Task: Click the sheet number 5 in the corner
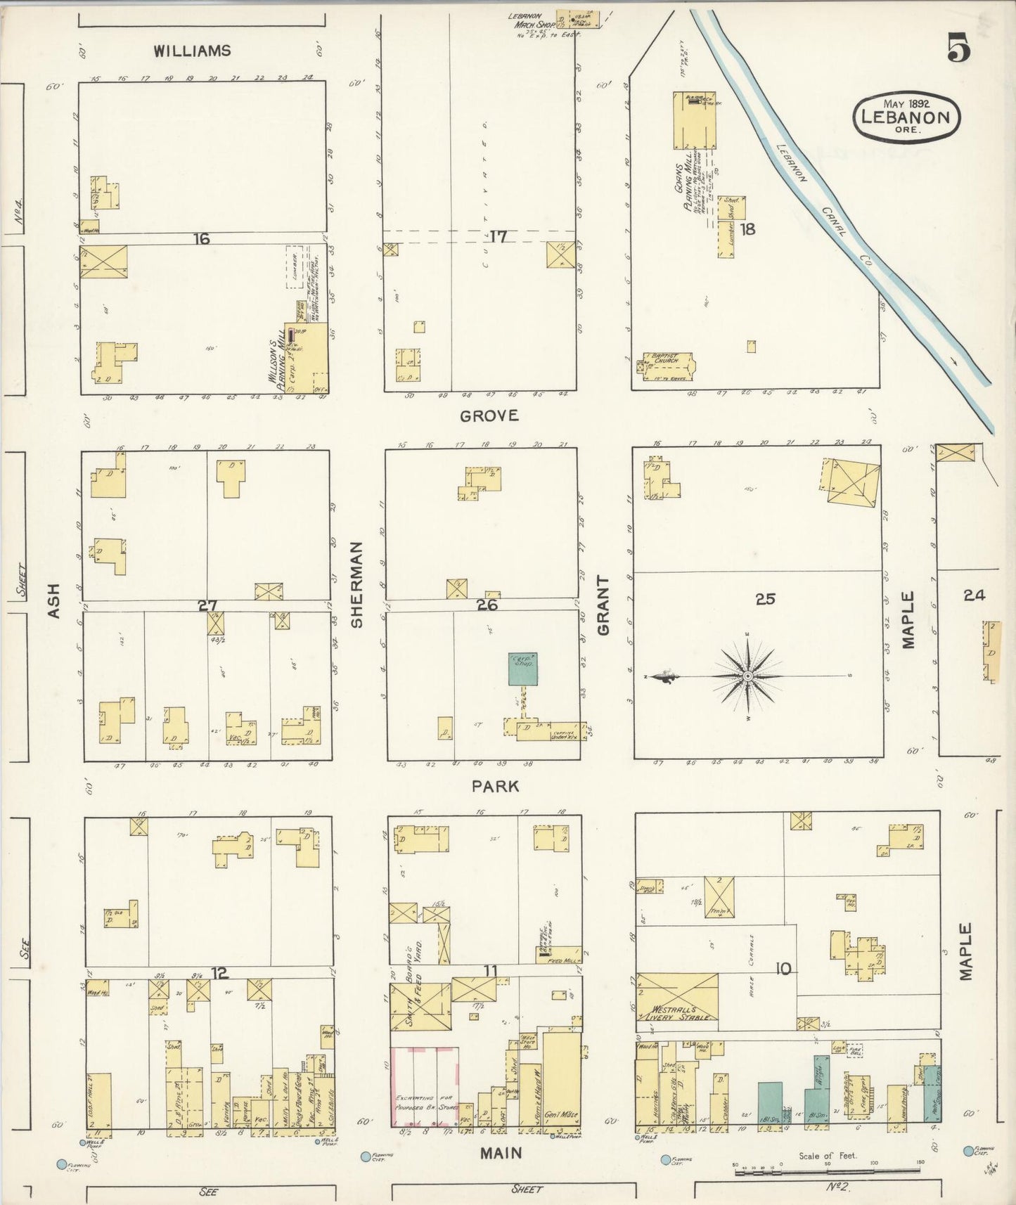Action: [958, 49]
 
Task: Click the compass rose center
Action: [748, 676]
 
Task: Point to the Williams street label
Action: [192, 51]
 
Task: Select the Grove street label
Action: [489, 415]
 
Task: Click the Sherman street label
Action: [356, 584]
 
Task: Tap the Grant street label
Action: [603, 605]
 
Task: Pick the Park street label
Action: [496, 786]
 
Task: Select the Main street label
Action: [501, 1153]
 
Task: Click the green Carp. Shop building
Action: [523, 669]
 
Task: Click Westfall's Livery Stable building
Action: [678, 997]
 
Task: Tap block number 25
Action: [765, 599]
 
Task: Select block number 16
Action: [202, 239]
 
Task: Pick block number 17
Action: [498, 237]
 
